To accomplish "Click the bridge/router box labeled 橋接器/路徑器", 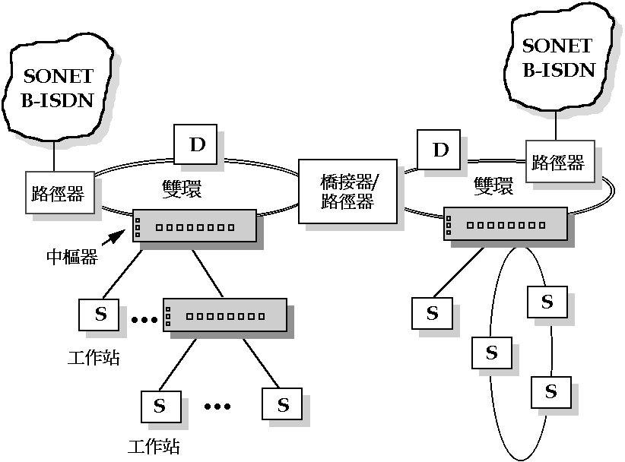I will point(347,191).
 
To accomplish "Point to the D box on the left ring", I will point(197,144).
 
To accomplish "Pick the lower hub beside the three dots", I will point(224,314).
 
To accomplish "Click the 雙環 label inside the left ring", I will point(182,189).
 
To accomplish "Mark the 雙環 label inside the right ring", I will point(493,186).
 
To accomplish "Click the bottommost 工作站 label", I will point(155,445).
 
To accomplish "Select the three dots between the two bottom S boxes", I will point(217,407).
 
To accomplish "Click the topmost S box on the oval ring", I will point(547,302).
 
